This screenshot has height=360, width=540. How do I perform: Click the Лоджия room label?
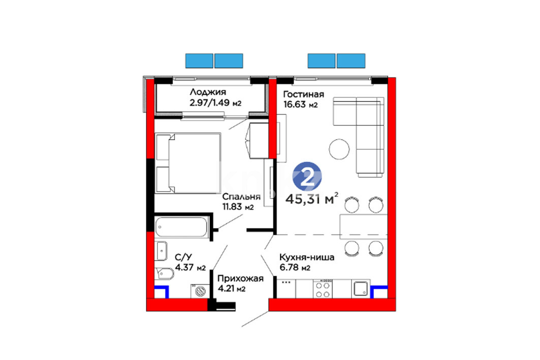(x=208, y=92)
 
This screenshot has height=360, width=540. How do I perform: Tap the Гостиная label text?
(x=303, y=94)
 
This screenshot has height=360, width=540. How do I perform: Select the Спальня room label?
(x=241, y=197)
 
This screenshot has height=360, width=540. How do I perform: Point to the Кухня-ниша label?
(x=306, y=257)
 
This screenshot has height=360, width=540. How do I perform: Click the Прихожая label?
(x=240, y=278)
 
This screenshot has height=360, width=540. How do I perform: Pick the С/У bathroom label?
(x=183, y=257)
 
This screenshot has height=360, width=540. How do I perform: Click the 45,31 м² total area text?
(x=312, y=199)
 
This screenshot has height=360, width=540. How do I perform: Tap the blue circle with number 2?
(x=307, y=177)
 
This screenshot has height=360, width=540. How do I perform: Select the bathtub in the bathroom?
(x=181, y=227)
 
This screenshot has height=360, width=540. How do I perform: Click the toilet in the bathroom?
(x=165, y=274)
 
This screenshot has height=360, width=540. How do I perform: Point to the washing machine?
(x=200, y=291)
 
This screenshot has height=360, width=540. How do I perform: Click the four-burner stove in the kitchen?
(x=323, y=289)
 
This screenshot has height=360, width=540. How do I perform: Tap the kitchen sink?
(x=361, y=289)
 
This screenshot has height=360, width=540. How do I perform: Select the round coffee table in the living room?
(x=339, y=149)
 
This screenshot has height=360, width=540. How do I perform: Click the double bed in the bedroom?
(x=188, y=163)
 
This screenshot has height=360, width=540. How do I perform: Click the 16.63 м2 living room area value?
(x=300, y=104)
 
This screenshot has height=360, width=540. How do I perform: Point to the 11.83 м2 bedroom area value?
(x=238, y=207)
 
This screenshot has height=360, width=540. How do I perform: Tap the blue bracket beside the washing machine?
(x=162, y=292)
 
